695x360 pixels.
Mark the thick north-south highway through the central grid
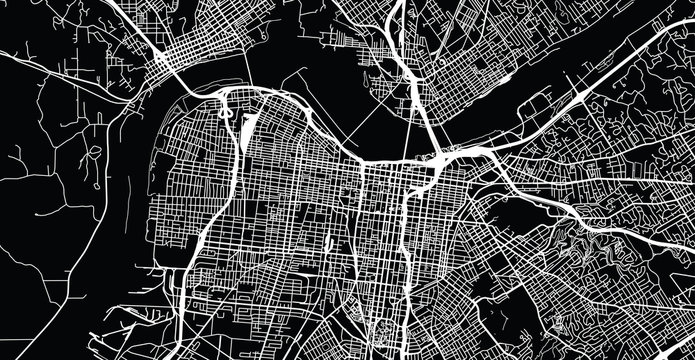pos(400,240)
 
